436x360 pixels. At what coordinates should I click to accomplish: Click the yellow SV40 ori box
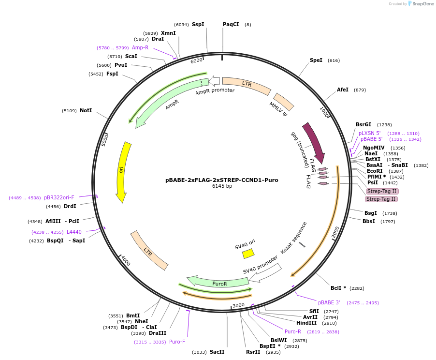248,253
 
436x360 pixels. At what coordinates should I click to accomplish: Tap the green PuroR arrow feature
220,282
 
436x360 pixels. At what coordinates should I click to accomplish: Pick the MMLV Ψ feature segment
284,102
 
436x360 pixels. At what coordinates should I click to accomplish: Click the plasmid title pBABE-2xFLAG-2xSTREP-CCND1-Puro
222,180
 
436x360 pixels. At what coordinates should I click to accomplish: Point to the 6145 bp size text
222,186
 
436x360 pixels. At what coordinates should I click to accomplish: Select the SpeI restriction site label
316,60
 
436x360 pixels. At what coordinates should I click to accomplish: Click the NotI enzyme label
86,110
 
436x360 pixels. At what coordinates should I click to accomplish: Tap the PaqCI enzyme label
231,24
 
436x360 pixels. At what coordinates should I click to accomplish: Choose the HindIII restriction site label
306,323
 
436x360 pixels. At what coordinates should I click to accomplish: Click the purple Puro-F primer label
177,342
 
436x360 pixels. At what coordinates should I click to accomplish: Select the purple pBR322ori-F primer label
59,197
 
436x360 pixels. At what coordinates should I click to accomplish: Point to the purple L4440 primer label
74,232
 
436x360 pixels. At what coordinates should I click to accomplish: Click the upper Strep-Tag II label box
382,191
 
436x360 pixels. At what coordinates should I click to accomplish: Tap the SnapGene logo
421,4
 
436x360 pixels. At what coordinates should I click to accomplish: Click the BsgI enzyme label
371,213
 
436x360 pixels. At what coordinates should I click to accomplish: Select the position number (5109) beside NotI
69,111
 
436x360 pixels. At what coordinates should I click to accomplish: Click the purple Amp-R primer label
140,47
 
